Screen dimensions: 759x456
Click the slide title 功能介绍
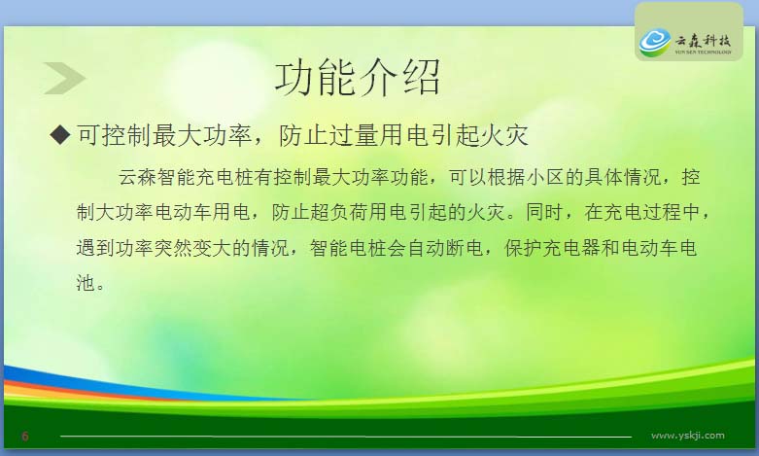(x=358, y=78)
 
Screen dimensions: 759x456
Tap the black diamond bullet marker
(x=60, y=134)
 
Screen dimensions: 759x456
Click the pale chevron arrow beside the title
(x=64, y=78)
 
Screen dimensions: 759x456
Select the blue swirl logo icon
(x=654, y=42)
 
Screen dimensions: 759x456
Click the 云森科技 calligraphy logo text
(x=703, y=41)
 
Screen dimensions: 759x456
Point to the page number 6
(x=25, y=437)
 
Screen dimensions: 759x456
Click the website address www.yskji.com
(x=687, y=436)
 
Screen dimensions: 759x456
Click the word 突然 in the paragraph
(x=173, y=248)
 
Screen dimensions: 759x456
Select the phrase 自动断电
(x=445, y=248)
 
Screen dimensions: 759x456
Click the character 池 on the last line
(x=86, y=283)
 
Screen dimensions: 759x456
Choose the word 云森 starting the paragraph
(x=137, y=177)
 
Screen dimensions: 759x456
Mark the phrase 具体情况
(x=623, y=177)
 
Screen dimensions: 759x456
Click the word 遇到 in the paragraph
(x=95, y=248)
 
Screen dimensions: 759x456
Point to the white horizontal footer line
(x=346, y=437)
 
